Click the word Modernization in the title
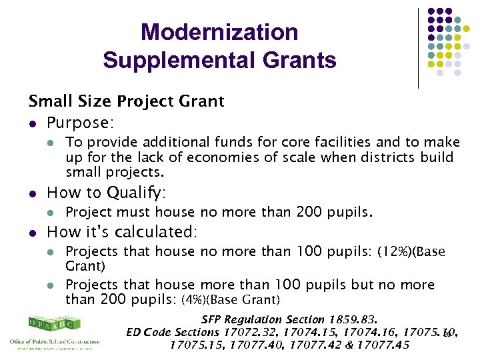(x=219, y=32)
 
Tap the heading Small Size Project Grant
(x=126, y=101)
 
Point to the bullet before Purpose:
(x=33, y=123)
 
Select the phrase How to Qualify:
(x=106, y=193)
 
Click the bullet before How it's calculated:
(x=33, y=233)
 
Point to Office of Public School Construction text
(x=55, y=342)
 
